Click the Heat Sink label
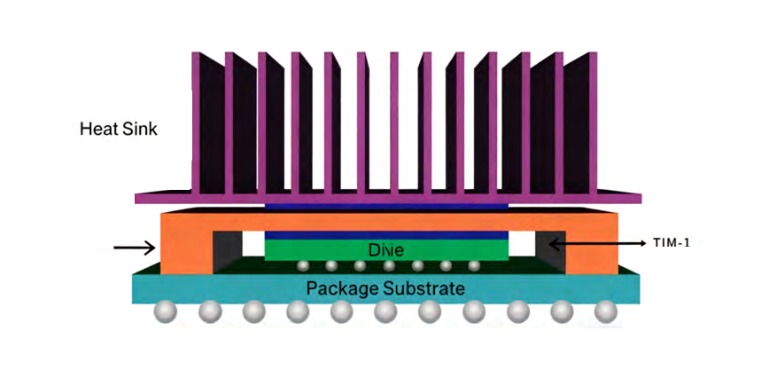point(118,129)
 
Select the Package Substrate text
point(385,288)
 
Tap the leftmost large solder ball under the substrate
point(166,312)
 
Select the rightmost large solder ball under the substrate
point(605,312)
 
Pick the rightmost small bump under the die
point(474,265)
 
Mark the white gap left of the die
point(253,241)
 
